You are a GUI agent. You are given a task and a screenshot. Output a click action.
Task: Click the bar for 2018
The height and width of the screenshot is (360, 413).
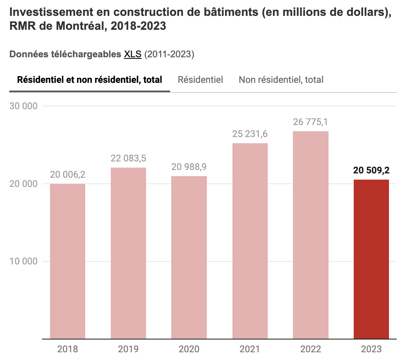coord(67,261)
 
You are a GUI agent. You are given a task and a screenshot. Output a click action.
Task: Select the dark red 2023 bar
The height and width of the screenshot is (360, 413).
coord(371,259)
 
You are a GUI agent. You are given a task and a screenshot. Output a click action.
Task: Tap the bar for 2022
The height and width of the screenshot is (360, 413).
coord(310,235)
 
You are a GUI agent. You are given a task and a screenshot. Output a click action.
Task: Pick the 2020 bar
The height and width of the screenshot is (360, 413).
coord(189,257)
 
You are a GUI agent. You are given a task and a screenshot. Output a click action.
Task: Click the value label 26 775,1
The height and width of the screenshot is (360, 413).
coord(310,122)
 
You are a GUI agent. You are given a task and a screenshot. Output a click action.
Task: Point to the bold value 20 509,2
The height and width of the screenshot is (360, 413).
coord(371,171)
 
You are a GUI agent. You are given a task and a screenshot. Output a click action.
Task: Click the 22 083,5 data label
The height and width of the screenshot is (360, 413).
coord(128,159)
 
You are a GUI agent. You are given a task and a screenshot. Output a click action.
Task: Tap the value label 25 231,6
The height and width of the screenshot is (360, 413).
coord(250,134)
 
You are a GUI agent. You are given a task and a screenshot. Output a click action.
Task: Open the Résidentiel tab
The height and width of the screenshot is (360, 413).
coord(200,80)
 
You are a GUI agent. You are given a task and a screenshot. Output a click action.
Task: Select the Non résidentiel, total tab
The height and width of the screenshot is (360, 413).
coord(281,80)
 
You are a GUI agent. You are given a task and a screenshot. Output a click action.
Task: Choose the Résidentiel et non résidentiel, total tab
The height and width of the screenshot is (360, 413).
coord(89,80)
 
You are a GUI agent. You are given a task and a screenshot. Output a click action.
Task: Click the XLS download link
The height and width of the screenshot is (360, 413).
coord(133,55)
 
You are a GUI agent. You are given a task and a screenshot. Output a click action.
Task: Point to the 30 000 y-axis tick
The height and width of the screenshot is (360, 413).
coord(23,106)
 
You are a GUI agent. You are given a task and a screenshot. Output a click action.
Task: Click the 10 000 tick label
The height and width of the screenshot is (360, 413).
coord(23,261)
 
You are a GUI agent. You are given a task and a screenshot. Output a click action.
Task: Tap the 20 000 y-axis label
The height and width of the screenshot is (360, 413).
coord(23,184)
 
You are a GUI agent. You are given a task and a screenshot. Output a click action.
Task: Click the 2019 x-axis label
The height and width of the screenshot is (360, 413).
coord(128,349)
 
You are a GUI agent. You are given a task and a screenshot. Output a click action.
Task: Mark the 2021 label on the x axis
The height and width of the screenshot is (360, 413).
coord(250,349)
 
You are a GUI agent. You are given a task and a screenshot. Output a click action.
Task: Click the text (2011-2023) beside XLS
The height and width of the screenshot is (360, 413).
coord(169,55)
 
